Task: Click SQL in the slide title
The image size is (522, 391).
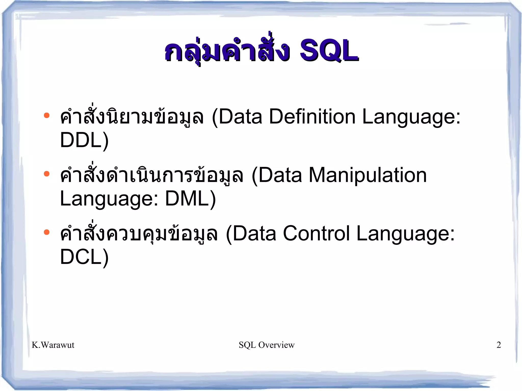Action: pos(329,51)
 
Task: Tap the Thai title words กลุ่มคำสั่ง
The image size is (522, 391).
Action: pos(227,51)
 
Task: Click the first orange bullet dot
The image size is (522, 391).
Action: pos(46,115)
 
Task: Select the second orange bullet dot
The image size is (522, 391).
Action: pos(46,174)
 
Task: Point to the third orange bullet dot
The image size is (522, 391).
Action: pos(46,232)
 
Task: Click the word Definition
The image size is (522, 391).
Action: pos(312,117)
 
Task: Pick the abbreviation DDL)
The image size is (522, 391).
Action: pos(84,140)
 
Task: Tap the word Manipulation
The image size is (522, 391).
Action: pos(368,175)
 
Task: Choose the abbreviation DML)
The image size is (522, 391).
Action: pos(190,199)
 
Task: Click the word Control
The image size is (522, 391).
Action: pos(316,234)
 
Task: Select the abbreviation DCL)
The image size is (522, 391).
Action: pos(84,257)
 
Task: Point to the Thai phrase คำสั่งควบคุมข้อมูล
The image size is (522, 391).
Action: pos(139,234)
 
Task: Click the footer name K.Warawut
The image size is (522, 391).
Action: pos(53,345)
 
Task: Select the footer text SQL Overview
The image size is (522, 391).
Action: pos(267,345)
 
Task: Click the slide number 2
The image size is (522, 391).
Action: pos(499,345)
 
